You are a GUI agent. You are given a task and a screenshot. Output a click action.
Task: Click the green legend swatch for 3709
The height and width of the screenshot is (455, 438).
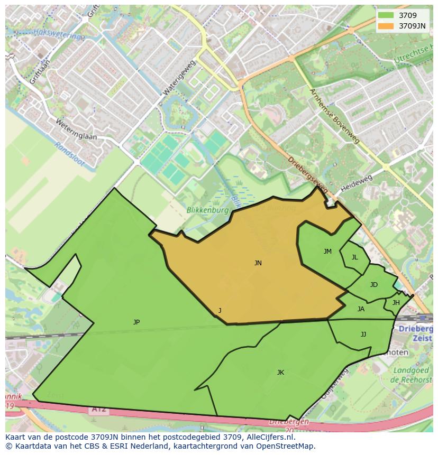point(386,15)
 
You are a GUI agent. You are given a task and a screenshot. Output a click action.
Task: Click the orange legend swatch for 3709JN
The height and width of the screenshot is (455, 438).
point(386,25)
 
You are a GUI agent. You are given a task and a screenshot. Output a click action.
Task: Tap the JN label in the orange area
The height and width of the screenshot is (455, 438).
point(258,263)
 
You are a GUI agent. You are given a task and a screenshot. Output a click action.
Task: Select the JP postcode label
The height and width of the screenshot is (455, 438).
point(136,322)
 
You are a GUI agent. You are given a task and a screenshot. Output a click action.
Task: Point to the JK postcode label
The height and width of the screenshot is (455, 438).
point(280,372)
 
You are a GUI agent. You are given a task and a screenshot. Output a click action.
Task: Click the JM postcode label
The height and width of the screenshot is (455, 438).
point(327,252)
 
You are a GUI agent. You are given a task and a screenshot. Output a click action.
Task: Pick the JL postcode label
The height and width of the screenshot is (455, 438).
point(354,257)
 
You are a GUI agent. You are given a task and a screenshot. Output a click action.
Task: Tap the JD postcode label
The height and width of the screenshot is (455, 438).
point(374,285)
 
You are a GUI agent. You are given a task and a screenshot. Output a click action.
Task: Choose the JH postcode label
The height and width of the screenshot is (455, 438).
point(396,303)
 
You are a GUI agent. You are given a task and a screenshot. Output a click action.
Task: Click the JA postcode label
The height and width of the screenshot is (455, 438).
point(361,309)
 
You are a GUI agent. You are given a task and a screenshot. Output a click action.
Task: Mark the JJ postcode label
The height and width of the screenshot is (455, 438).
point(363,334)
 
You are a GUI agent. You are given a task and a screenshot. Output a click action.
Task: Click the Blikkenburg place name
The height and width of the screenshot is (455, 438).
point(207,210)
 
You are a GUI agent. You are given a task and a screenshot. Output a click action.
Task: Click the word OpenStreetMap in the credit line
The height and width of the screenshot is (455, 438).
point(287,446)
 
